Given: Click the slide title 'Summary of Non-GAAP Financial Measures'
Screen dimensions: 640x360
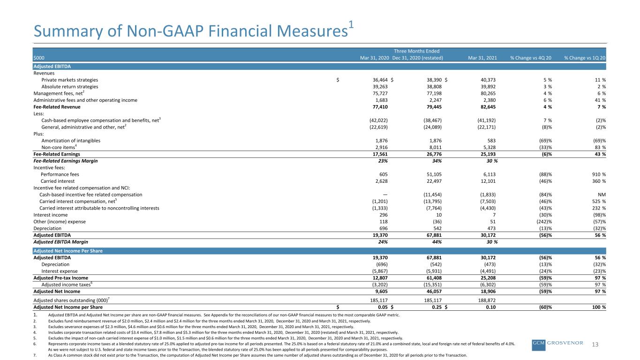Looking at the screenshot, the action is pyautogui.click(x=191, y=31).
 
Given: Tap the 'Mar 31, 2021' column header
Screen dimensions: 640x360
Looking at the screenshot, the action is pyautogui.click(x=482, y=58).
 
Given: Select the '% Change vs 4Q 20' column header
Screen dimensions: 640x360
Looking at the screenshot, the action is pyautogui.click(x=531, y=58).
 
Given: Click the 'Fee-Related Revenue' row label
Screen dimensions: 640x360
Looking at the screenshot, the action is pyautogui.click(x=57, y=107).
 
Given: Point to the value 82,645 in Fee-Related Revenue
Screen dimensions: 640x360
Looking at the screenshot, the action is pyautogui.click(x=488, y=107).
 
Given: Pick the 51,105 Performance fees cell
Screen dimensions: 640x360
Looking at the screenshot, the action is pyautogui.click(x=434, y=174).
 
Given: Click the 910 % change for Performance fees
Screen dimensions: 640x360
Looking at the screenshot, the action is pyautogui.click(x=599, y=174).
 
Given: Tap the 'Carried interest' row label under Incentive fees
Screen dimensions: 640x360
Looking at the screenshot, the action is pyautogui.click(x=57, y=181).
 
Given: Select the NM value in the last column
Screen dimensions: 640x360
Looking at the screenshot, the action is pyautogui.click(x=602, y=195).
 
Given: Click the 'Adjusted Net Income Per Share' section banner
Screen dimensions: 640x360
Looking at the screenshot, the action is pyautogui.click(x=68, y=251).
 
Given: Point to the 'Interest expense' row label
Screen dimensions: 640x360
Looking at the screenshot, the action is pyautogui.click(x=60, y=271).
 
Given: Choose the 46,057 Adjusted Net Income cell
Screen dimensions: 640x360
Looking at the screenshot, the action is pyautogui.click(x=434, y=292).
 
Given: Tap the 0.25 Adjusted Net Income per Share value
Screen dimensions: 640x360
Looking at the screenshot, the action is pyautogui.click(x=437, y=307).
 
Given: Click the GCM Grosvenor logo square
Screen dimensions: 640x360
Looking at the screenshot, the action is pyautogui.click(x=539, y=345).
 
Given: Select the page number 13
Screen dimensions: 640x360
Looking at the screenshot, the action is pyautogui.click(x=595, y=345).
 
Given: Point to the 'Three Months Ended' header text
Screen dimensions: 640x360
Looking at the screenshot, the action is pyautogui.click(x=416, y=51).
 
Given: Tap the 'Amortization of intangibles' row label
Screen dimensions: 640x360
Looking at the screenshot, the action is pyautogui.click(x=71, y=141).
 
